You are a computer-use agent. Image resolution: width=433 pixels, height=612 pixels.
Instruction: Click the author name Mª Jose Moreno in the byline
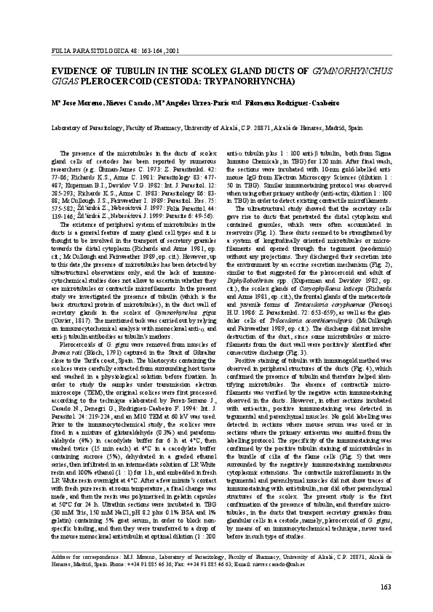(x=69, y=103)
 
